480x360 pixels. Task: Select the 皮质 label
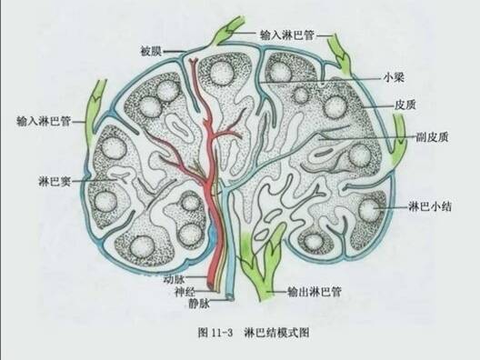click(405, 104)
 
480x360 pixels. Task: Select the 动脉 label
click(174, 279)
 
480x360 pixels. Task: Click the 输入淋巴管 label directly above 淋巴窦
click(44, 120)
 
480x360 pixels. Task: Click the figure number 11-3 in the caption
click(223, 334)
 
